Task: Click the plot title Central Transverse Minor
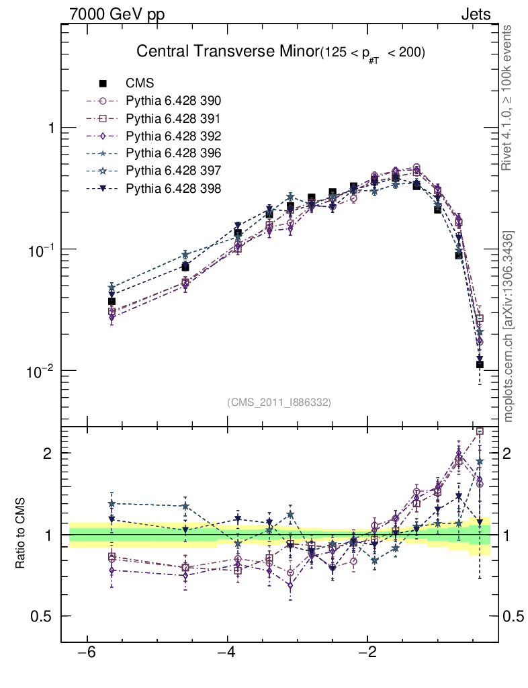tap(227, 52)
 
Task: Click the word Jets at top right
tap(475, 14)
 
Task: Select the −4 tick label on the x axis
tap(227, 652)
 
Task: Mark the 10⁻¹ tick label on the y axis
tap(41, 250)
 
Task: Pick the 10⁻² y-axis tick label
tap(41, 371)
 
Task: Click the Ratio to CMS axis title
tap(21, 535)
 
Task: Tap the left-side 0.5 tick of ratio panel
tap(44, 617)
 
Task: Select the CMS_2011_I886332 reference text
tap(279, 402)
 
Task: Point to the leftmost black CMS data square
tap(112, 302)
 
